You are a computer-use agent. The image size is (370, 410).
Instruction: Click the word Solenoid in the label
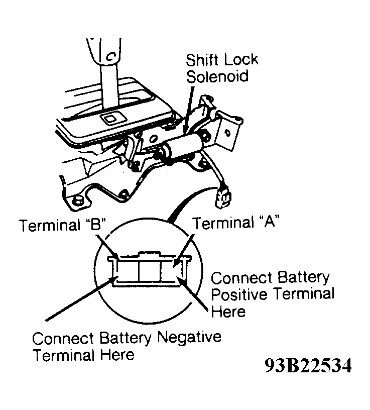point(217,76)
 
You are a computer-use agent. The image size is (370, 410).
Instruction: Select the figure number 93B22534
point(308,365)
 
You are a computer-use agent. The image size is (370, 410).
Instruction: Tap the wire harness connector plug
point(222,197)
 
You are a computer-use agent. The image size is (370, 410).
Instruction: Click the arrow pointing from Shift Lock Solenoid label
point(188,110)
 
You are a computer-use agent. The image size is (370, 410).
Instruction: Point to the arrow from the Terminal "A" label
point(184,251)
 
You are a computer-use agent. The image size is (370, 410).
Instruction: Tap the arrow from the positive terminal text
point(193,293)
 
